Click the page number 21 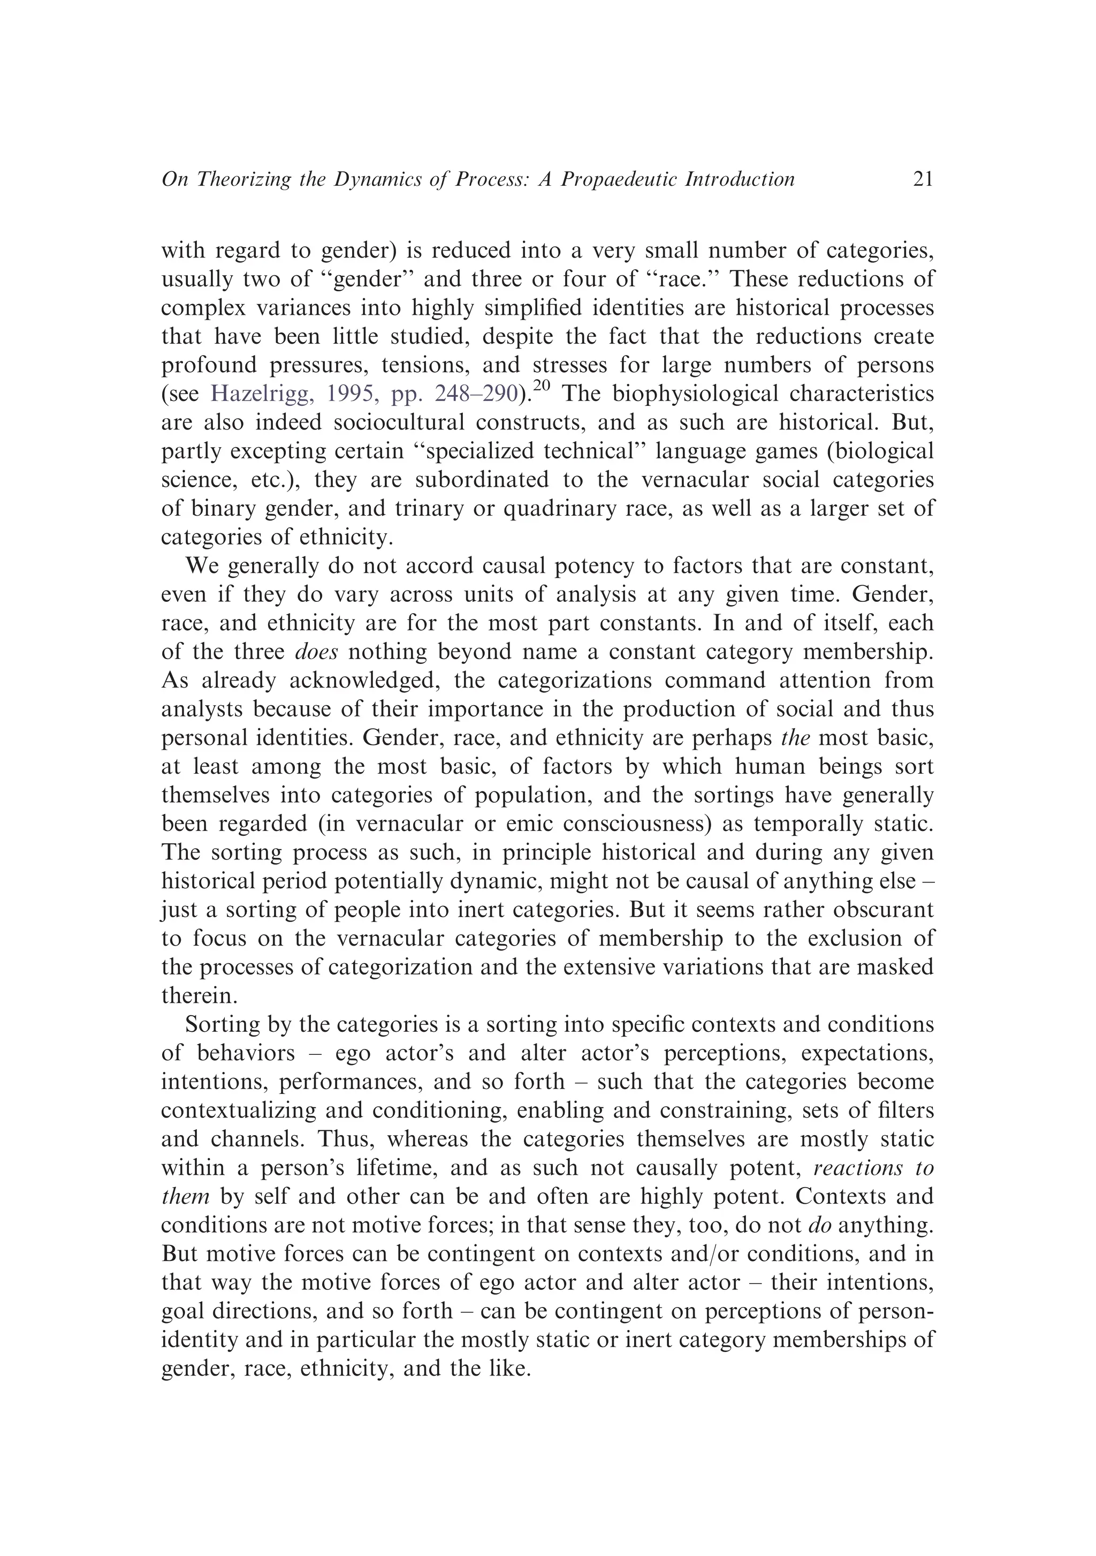pyautogui.click(x=923, y=179)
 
